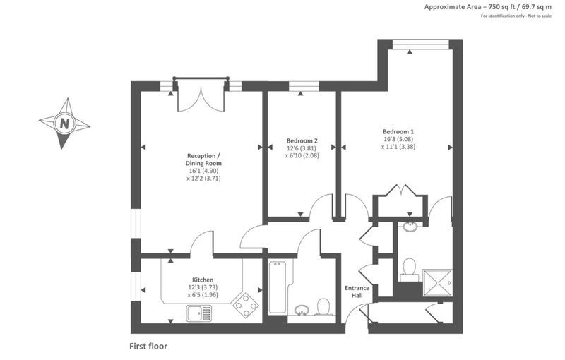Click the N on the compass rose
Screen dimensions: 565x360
(x=64, y=124)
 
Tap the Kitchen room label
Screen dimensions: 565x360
(x=203, y=280)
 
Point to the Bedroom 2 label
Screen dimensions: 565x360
(x=302, y=140)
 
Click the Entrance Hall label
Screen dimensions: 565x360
(x=357, y=292)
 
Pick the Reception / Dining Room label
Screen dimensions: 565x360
(x=203, y=160)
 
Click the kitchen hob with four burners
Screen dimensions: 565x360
(x=246, y=305)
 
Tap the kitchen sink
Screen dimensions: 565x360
(x=199, y=313)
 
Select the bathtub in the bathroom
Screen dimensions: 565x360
(x=277, y=287)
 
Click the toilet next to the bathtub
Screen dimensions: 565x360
(x=323, y=307)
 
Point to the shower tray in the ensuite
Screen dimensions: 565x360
(x=437, y=282)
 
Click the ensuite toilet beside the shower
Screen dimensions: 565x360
(x=410, y=270)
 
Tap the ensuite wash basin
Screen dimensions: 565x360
(x=410, y=227)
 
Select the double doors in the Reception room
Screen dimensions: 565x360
(x=201, y=95)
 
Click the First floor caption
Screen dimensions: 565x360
(x=148, y=347)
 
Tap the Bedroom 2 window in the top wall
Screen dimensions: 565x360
(x=304, y=86)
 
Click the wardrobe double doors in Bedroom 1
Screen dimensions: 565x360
(x=400, y=191)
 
